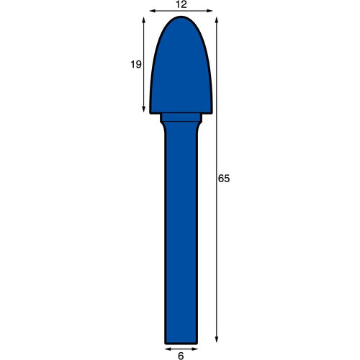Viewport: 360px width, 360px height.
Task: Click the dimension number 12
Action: pyautogui.click(x=181, y=4)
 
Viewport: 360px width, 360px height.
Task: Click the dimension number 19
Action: pyautogui.click(x=136, y=64)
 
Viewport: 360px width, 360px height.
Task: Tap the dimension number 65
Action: pyautogui.click(x=224, y=179)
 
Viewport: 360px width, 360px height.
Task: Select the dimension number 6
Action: pyautogui.click(x=181, y=356)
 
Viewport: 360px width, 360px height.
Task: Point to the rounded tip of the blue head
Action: pyautogui.click(x=181, y=17)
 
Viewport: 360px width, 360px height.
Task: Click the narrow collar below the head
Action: pyautogui.click(x=181, y=117)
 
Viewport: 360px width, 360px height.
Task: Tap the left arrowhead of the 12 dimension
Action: pyautogui.click(x=152, y=11)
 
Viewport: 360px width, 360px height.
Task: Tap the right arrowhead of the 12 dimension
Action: pyautogui.click(x=210, y=11)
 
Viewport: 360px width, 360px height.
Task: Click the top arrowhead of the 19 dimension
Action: pyautogui.click(x=144, y=19)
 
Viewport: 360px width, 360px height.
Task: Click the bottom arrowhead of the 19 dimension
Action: pyautogui.click(x=144, y=110)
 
